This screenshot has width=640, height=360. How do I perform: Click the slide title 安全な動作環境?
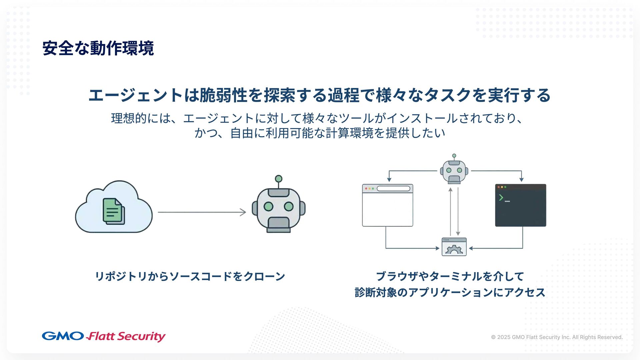click(98, 48)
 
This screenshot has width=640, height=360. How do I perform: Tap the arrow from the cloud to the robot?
click(202, 212)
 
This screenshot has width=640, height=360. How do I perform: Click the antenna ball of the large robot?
click(279, 179)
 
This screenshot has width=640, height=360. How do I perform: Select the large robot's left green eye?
click(268, 207)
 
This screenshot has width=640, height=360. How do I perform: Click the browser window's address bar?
click(393, 189)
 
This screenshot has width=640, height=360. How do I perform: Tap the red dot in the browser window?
click(366, 189)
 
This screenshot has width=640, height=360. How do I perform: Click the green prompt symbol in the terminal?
click(501, 198)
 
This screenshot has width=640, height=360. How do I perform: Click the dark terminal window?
click(520, 208)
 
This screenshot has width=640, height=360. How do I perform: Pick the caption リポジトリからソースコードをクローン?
click(190, 276)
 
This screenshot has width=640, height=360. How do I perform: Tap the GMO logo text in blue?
click(63, 336)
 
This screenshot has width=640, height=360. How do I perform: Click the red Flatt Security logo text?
click(126, 336)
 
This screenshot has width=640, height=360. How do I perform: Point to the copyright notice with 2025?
click(556, 337)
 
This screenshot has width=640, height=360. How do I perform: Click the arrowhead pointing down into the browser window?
click(389, 179)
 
